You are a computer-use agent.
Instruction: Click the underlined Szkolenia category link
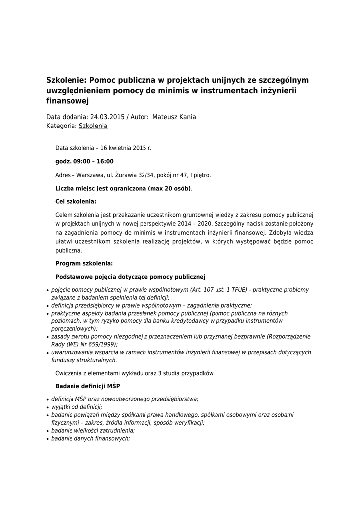(93, 126)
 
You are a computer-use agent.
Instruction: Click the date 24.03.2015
(107, 117)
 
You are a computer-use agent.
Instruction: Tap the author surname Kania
(186, 117)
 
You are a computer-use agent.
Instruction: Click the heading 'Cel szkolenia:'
(75, 201)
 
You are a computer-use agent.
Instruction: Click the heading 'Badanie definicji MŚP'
(87, 386)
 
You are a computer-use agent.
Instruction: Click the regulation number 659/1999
(101, 344)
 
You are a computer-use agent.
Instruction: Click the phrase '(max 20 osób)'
(170, 188)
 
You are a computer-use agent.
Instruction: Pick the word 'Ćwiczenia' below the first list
(69, 373)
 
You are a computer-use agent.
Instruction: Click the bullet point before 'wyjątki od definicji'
(47, 407)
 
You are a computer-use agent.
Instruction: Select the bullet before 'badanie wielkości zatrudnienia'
(47, 431)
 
